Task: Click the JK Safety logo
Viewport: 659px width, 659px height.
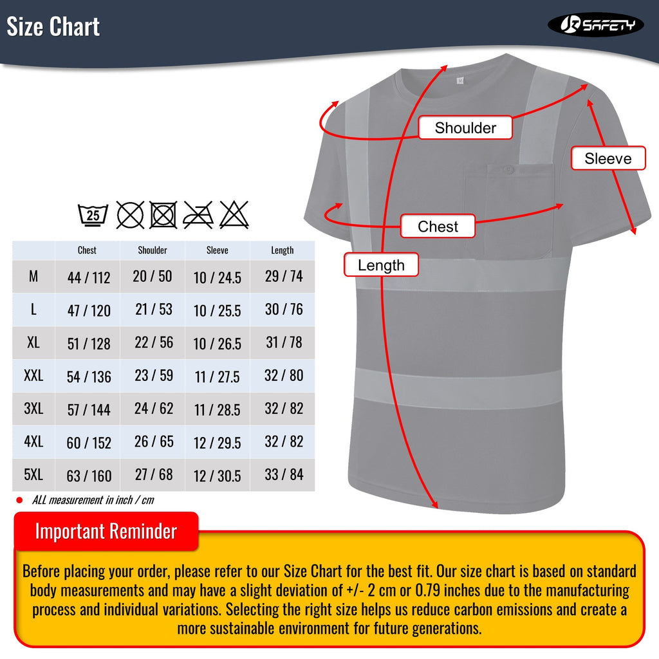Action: coord(595,24)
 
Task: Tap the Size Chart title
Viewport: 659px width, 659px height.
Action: coord(53,27)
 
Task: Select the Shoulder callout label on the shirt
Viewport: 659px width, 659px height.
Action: coord(465,127)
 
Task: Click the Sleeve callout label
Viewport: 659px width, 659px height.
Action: coord(608,158)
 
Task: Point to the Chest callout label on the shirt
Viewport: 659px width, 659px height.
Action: coord(438,227)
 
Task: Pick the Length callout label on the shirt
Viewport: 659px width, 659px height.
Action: coord(381,265)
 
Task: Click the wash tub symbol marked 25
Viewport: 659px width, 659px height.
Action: coord(93,214)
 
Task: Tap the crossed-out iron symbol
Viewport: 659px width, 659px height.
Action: coord(198,214)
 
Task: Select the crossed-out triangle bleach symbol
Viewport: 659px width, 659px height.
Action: coord(234,214)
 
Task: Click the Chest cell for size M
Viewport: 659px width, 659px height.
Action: coord(89,277)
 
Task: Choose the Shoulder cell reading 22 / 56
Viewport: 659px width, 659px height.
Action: coord(154,342)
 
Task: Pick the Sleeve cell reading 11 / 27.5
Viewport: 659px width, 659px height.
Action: coord(217,376)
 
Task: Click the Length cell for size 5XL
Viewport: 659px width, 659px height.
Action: coord(284,475)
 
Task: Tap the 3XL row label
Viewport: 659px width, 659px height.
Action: coord(33,409)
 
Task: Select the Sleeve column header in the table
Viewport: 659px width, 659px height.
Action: coord(217,250)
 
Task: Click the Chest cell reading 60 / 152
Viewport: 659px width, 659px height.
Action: coord(89,443)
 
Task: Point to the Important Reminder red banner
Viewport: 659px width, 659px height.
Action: coord(106,532)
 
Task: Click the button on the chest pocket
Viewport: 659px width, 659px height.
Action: coord(508,170)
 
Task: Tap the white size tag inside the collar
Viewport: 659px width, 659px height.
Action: coord(459,80)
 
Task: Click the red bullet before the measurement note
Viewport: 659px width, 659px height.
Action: coord(19,500)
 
